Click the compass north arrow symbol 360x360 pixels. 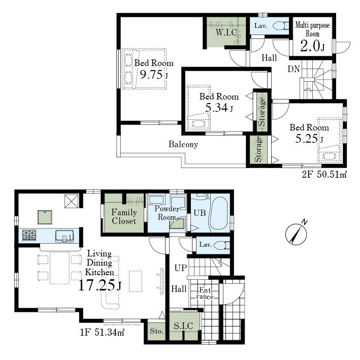(296, 234)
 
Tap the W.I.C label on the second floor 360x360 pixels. (226, 32)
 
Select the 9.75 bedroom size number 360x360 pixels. (151, 75)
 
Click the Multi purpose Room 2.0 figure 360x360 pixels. (310, 46)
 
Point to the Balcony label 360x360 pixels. (183, 144)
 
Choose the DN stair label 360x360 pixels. (293, 69)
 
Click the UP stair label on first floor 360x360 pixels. (181, 268)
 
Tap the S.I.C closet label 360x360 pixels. (183, 326)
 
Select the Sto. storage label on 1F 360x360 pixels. (156, 331)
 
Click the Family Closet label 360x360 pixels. (124, 216)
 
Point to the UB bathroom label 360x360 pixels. (200, 213)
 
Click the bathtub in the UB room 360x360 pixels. (218, 213)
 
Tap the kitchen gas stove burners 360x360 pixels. (29, 235)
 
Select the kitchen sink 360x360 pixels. (64, 236)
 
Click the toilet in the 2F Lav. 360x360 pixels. (281, 25)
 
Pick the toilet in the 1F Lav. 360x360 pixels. (222, 245)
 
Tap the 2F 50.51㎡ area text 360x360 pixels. (324, 175)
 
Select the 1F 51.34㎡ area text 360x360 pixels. (102, 332)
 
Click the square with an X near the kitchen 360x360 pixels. (72, 202)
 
